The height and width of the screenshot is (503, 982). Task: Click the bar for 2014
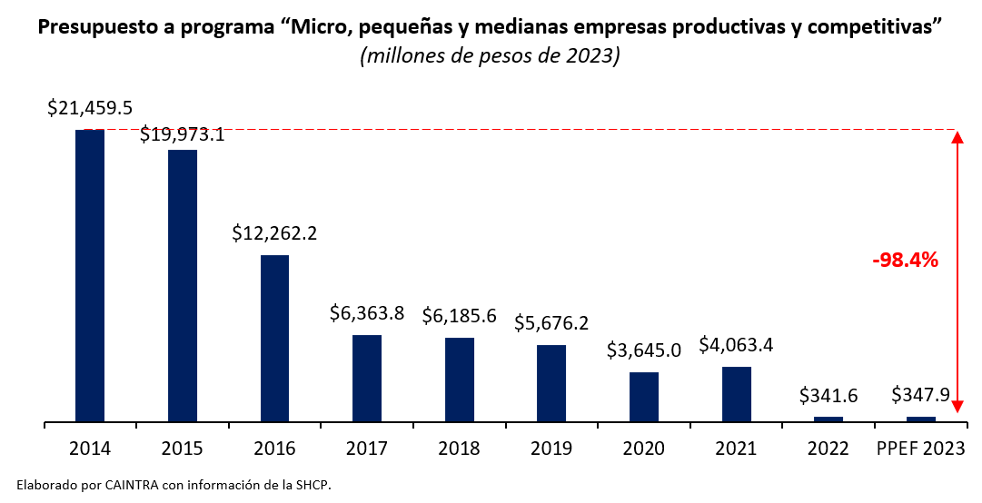point(90,276)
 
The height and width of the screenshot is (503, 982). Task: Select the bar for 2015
point(183,286)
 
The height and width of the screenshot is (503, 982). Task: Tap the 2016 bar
point(274,339)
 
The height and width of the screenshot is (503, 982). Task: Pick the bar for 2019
point(551,383)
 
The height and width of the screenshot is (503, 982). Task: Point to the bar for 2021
point(737,394)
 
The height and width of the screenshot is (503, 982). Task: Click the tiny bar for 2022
point(828,419)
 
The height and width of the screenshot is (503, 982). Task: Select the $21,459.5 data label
point(90,108)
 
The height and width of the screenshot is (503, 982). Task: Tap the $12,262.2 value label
point(274,233)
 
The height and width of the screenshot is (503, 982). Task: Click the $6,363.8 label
point(367,314)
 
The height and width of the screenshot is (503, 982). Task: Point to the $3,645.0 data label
point(644,350)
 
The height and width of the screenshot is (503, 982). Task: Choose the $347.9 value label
point(920,395)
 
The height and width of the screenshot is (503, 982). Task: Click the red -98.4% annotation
point(905,261)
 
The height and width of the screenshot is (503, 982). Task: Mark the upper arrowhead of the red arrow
point(957,138)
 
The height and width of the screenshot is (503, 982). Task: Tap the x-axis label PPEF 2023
point(920,449)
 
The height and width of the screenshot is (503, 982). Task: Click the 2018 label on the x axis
point(459,449)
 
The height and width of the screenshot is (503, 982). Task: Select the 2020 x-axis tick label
point(644,449)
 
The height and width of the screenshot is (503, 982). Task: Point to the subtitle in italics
point(491,55)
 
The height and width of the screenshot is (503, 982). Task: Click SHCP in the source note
point(313,486)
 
